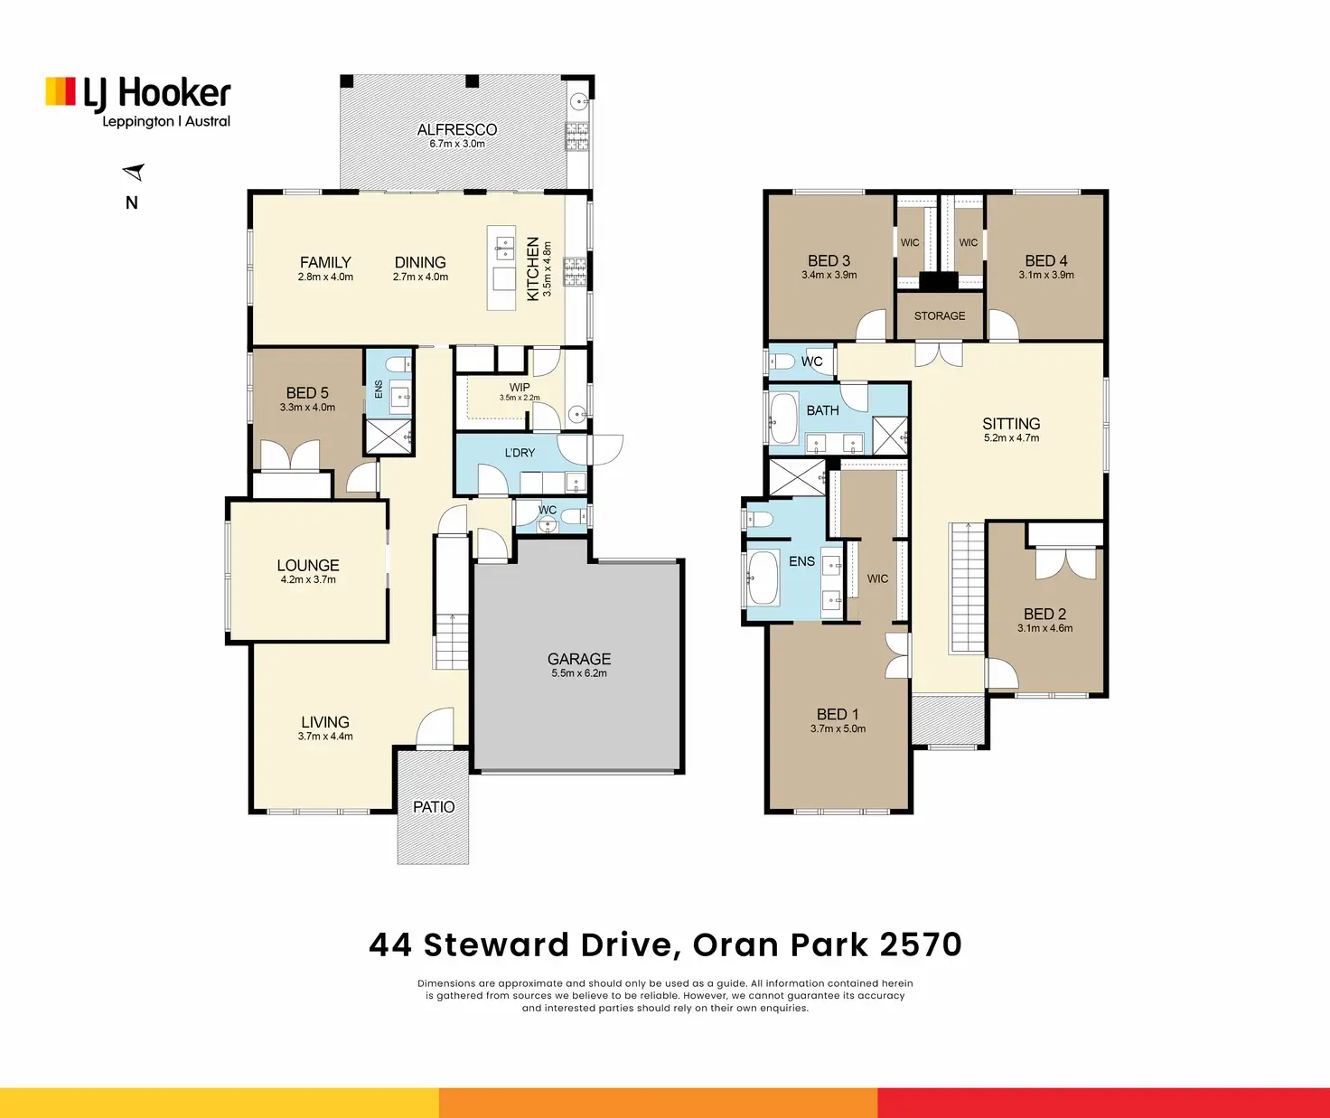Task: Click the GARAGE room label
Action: pos(578,659)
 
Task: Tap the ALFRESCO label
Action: pos(456,130)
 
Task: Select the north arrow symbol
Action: pos(134,172)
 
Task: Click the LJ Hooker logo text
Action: pos(156,93)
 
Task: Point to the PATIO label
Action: pos(434,807)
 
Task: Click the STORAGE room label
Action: pos(940,316)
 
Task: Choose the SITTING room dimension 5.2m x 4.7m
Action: pos(1012,438)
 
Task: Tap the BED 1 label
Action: pos(838,715)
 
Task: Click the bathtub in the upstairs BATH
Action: pos(783,418)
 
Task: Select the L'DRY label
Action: pos(520,453)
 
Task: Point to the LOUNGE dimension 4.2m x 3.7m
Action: pos(308,579)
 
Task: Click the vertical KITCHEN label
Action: pos(533,268)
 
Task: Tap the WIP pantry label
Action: pos(520,388)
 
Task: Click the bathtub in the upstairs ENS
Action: pos(763,578)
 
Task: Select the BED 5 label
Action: pos(307,393)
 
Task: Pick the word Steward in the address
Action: pos(496,944)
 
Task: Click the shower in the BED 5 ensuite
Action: pos(389,437)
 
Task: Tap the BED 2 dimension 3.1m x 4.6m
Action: pos(1044,628)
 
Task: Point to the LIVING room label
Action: pos(325,722)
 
